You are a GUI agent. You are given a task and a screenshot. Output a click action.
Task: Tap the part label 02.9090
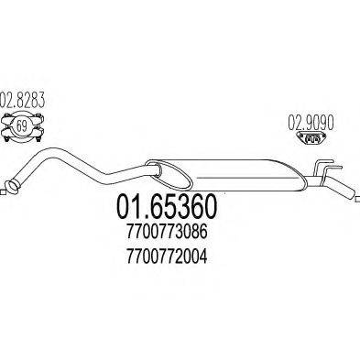point(311,118)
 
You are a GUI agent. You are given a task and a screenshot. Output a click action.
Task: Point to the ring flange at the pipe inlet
point(11,189)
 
